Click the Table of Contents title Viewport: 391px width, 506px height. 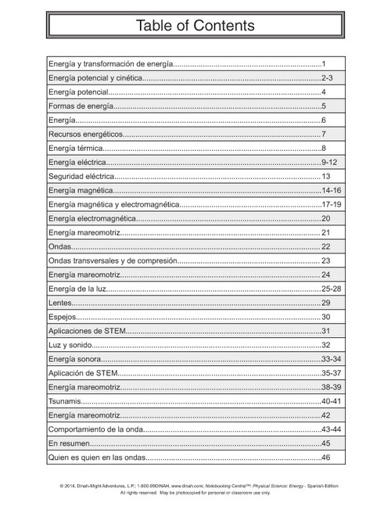coord(195,26)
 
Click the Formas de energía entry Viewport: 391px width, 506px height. coord(81,106)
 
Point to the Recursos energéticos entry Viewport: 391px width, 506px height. coord(85,134)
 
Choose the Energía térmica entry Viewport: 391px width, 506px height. coord(75,148)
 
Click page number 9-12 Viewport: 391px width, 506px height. coord(329,162)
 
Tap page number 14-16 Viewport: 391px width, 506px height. coord(331,190)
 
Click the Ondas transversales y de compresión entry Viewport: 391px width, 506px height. coord(113,260)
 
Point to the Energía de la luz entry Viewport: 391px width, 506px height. coord(77,289)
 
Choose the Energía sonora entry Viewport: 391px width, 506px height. coord(74,359)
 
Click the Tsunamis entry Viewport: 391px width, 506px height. coord(64,401)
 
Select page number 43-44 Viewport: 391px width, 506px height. coord(331,429)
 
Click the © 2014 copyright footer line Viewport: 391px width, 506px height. coord(195,486)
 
